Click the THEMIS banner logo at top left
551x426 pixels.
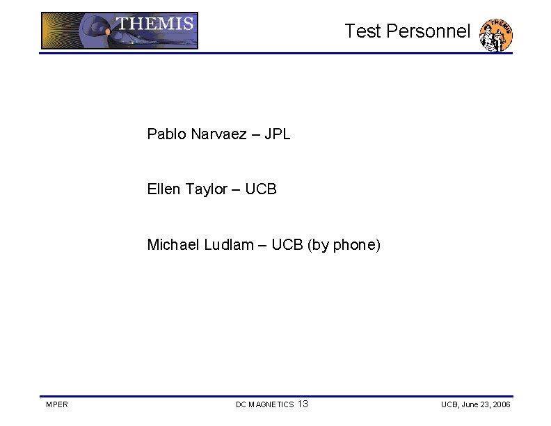120,31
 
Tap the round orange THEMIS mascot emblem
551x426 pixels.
497,35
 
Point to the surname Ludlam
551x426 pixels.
229,245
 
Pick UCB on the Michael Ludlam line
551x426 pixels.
287,245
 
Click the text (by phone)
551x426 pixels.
344,246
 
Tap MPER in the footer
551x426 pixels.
56,404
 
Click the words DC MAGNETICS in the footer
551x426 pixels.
264,404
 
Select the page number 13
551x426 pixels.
303,404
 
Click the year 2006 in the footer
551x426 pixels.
501,404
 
